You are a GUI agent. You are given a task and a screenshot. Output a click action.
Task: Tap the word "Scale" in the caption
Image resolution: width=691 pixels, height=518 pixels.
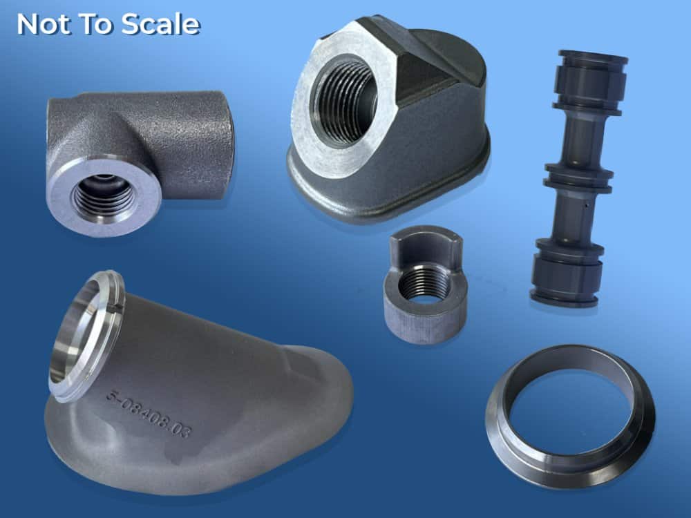[160, 24]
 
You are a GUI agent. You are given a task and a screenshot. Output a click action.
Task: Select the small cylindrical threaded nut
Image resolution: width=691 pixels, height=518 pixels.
[424, 284]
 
